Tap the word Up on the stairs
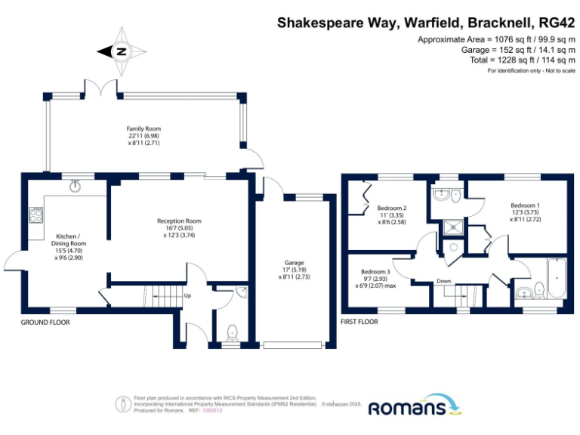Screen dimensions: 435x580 coord(187,295)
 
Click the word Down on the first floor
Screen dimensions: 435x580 coord(444,281)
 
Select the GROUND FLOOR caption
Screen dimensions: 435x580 coord(45,321)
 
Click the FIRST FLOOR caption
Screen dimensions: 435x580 coord(359,321)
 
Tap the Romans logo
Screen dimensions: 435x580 coord(415,407)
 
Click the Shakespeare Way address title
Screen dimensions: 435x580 coord(426,23)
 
